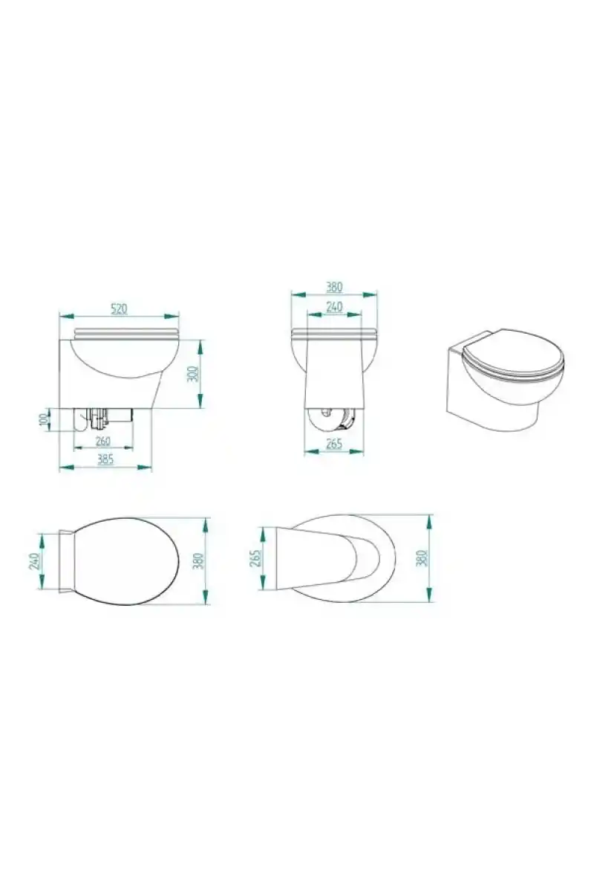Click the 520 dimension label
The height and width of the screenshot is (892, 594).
click(x=119, y=308)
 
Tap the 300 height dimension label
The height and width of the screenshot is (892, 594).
click(x=192, y=373)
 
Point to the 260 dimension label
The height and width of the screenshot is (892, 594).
click(x=102, y=442)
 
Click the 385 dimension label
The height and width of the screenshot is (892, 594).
click(x=105, y=459)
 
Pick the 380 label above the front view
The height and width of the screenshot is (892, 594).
click(x=334, y=287)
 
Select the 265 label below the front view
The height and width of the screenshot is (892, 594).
click(x=333, y=444)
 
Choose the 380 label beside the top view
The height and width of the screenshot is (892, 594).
click(x=198, y=560)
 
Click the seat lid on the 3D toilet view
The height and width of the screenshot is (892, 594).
click(x=513, y=354)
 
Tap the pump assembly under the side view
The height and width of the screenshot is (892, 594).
click(x=102, y=419)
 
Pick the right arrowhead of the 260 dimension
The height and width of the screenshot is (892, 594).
click(x=126, y=448)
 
